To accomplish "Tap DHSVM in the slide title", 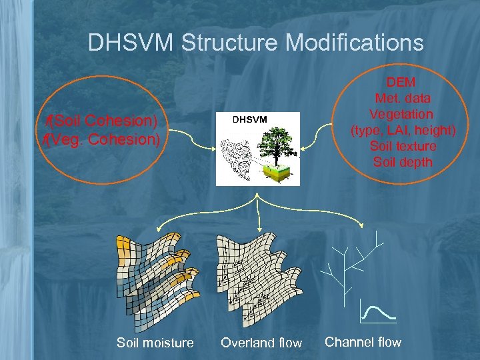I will [131, 43].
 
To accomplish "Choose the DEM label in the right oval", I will [401, 82].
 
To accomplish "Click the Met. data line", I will [403, 98].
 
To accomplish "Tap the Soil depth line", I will [403, 162].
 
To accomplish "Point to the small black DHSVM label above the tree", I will [250, 119].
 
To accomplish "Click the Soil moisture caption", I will [155, 343].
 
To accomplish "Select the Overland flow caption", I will [261, 343].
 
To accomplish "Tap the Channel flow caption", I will [363, 342].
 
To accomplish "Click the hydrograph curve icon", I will [377, 311].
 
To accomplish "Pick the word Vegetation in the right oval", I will [401, 114].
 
